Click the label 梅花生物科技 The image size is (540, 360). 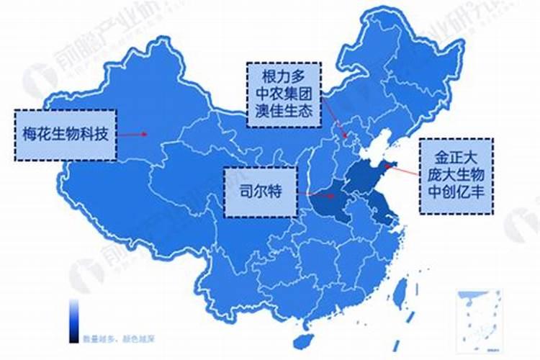pyautogui.click(x=64, y=135)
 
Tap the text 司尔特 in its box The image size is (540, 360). pyautogui.click(x=260, y=193)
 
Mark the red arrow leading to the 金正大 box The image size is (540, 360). pyautogui.click(x=403, y=171)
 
